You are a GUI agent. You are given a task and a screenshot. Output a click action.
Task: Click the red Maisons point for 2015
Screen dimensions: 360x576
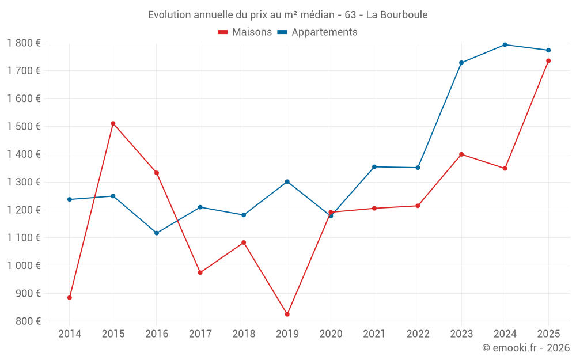coord(113,123)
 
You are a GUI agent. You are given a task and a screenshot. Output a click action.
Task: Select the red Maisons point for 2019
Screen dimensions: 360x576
coord(287,314)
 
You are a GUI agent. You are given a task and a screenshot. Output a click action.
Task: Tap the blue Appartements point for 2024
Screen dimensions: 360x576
coord(505,44)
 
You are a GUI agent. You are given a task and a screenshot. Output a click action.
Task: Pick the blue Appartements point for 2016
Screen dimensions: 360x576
coord(157,233)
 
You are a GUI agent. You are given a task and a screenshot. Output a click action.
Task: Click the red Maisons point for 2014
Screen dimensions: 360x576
coord(70,298)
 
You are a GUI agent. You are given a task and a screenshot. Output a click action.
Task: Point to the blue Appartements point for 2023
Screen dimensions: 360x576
coord(461,63)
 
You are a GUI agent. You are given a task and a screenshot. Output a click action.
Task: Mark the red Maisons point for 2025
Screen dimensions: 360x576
coord(548,61)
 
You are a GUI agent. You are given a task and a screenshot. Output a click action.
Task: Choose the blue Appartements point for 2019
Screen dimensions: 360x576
coord(287,182)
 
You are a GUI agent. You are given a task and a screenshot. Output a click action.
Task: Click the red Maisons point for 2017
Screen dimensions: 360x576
coord(200,272)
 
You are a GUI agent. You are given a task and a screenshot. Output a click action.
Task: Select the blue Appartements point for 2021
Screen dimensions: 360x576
coord(374,167)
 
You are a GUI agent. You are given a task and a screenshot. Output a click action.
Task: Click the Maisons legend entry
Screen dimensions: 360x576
coord(245,32)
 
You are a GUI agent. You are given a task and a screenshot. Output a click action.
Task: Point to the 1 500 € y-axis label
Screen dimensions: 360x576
coord(24,127)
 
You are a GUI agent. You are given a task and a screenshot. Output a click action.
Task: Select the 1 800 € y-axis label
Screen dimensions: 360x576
coord(24,43)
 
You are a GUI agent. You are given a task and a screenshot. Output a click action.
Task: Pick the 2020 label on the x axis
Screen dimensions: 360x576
coord(331,334)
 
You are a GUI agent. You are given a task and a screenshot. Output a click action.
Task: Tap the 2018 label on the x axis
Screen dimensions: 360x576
coord(244,334)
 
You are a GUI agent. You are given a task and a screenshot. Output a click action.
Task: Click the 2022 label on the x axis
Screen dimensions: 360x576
coord(418,334)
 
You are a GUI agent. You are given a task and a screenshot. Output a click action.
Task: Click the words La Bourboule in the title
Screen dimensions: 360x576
coord(397,15)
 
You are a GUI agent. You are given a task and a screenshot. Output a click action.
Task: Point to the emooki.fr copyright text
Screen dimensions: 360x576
coord(525,348)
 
